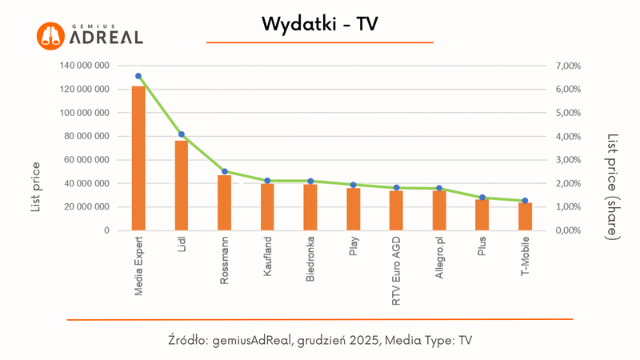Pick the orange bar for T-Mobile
(x=525, y=217)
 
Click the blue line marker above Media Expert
(x=138, y=76)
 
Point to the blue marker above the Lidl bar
(x=182, y=134)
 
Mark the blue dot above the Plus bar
(x=482, y=198)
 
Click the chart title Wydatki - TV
(x=319, y=25)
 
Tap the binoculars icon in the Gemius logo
(x=50, y=34)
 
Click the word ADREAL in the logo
(x=106, y=37)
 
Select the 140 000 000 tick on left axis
(x=85, y=66)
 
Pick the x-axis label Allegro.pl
(x=439, y=262)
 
